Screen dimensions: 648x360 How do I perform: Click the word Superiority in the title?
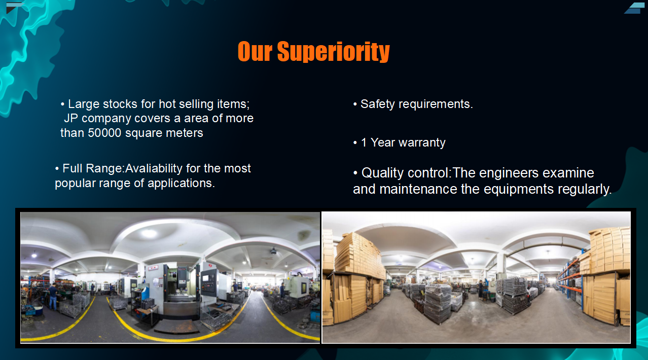[x=334, y=52]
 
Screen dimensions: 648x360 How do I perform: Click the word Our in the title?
[x=255, y=52]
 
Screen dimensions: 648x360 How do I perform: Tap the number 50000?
[x=104, y=133]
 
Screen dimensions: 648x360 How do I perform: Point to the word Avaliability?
[x=154, y=168]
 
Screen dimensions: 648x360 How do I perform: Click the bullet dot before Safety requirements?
[x=355, y=104]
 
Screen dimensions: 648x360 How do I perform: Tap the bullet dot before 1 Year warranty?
[x=355, y=143]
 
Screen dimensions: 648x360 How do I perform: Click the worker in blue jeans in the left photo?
[x=53, y=296]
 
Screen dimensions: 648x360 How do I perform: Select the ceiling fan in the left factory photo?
[x=273, y=251]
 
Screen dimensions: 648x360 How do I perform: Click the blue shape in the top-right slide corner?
[x=634, y=9]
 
